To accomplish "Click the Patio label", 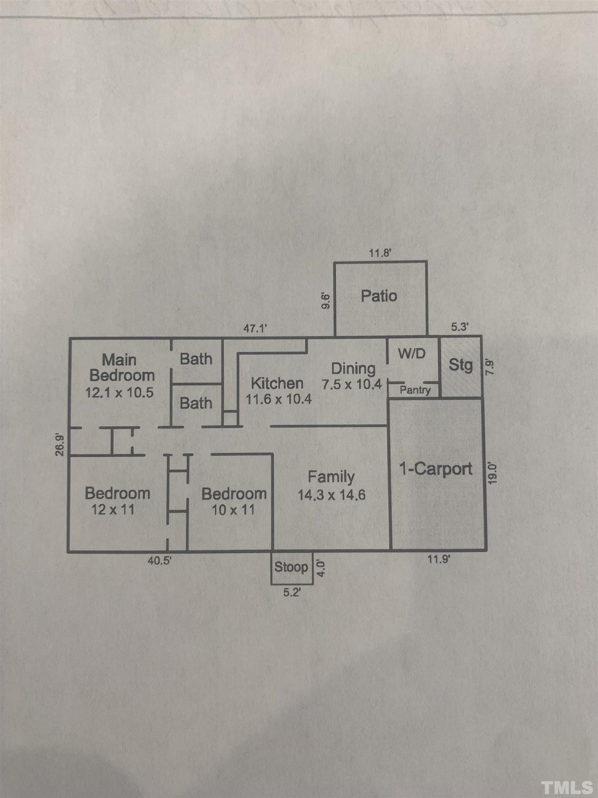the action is click(379, 296).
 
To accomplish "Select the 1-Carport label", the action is click(436, 469).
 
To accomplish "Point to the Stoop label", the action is click(291, 567).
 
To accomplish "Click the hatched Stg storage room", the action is click(461, 367).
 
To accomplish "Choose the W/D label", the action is click(411, 354).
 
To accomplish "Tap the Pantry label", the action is click(415, 390).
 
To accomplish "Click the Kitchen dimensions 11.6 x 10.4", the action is click(279, 399).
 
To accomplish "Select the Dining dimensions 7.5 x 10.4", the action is click(352, 384).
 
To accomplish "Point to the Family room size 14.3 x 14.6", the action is click(332, 495).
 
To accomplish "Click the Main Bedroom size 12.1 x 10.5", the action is click(119, 392).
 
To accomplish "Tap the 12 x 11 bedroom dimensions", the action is click(113, 510).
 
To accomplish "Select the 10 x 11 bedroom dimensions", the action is click(234, 510).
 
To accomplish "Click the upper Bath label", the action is click(196, 359).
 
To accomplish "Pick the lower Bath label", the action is click(196, 403).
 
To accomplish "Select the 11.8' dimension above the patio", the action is click(380, 253).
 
